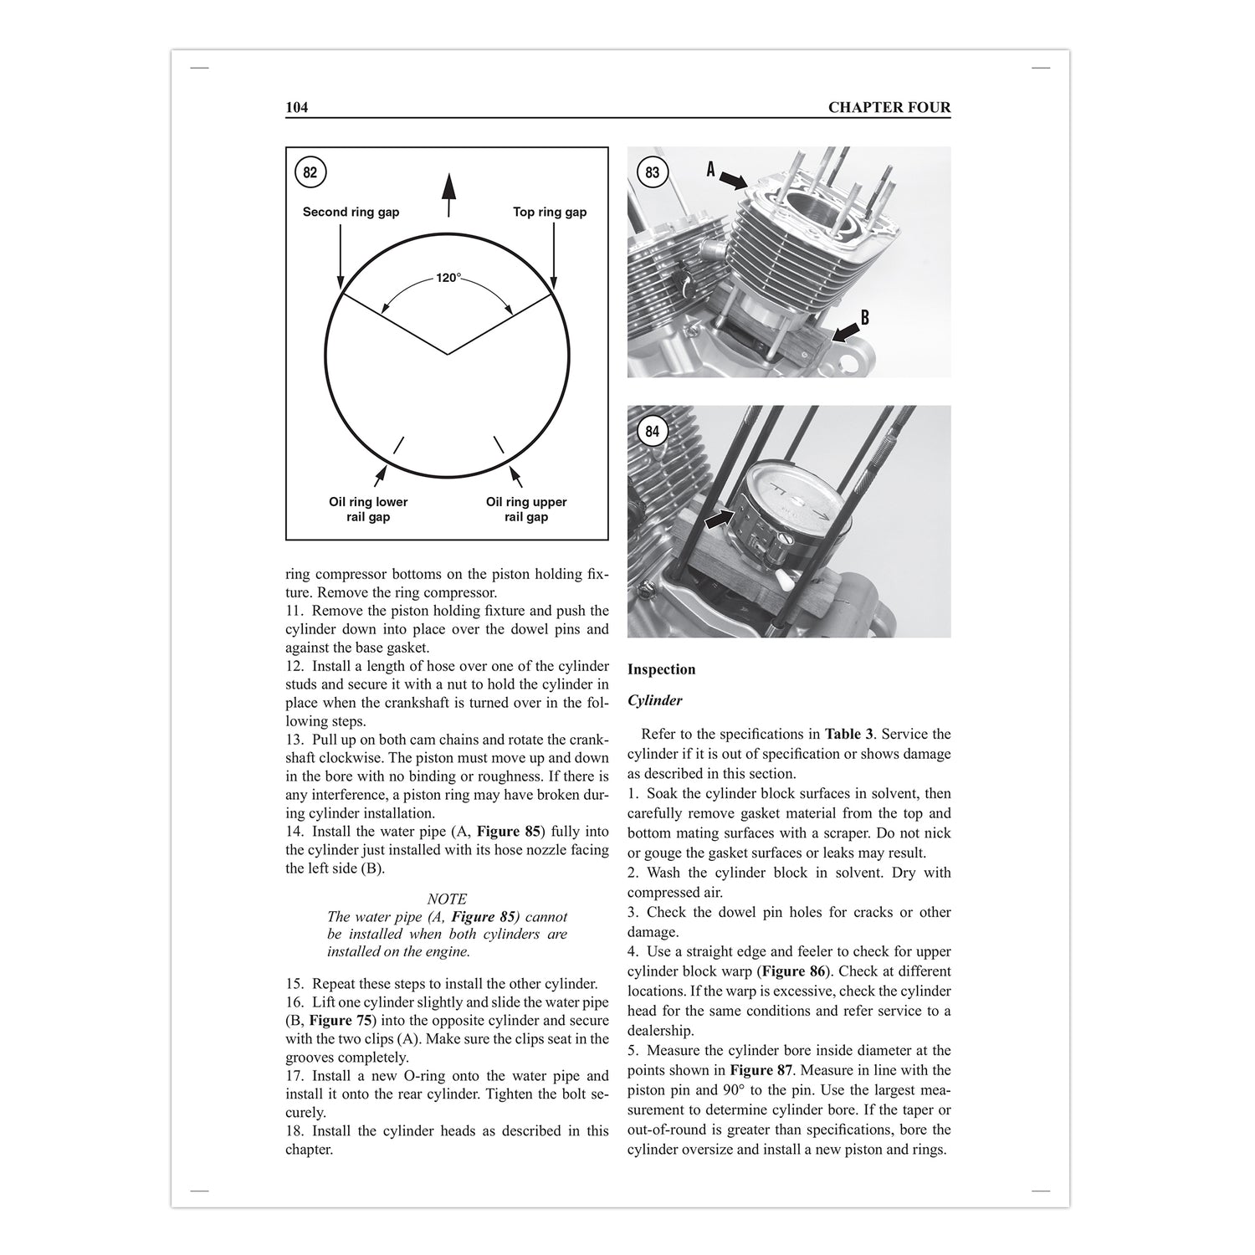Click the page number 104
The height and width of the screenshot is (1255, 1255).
[297, 107]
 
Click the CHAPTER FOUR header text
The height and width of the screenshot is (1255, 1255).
[889, 107]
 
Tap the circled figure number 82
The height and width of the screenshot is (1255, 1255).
[310, 172]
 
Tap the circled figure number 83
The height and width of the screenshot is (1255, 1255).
[653, 172]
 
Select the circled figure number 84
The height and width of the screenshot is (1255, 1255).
[653, 432]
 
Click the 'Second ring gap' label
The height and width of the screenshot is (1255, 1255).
[351, 213]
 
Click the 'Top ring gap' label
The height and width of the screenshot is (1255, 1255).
[550, 213]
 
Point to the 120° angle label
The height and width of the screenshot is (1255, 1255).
[448, 278]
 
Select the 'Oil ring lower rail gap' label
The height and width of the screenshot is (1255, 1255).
[368, 510]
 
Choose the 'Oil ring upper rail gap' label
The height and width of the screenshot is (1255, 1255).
[526, 510]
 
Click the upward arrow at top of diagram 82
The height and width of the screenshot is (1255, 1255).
[448, 194]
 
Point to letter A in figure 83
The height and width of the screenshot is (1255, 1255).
[711, 170]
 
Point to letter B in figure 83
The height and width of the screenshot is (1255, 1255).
[864, 317]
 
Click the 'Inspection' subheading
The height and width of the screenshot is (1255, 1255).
[661, 669]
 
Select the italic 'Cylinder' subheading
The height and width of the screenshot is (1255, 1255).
[654, 701]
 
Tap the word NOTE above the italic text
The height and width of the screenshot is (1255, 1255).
[447, 899]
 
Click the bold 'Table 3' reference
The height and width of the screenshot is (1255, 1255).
[849, 735]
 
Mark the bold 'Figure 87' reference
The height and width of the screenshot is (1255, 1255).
[761, 1070]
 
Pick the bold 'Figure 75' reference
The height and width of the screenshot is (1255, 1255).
[341, 1021]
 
